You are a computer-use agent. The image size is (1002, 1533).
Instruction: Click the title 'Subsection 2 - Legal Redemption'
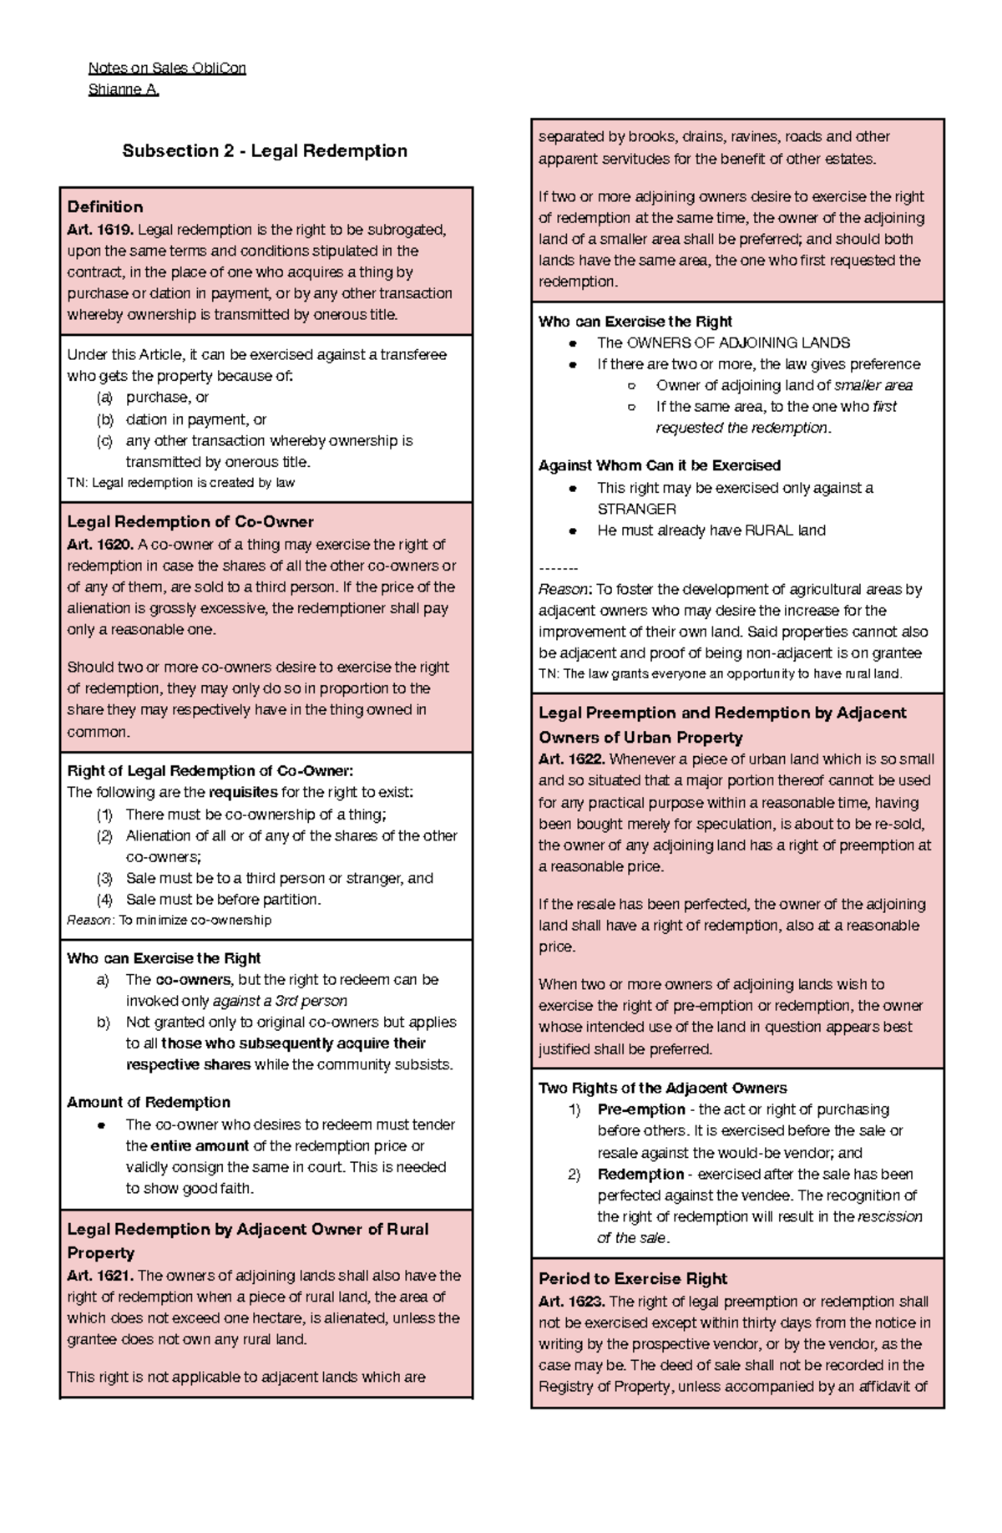pyautogui.click(x=265, y=151)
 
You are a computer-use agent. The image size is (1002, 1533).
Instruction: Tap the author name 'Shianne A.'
pyautogui.click(x=124, y=89)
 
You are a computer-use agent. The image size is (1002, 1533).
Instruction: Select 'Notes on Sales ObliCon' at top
pyautogui.click(x=167, y=68)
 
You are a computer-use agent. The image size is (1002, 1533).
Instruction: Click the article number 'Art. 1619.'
pyautogui.click(x=100, y=230)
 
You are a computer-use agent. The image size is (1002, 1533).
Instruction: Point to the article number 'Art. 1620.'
pyautogui.click(x=100, y=545)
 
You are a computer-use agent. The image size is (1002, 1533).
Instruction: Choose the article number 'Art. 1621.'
pyautogui.click(x=100, y=1276)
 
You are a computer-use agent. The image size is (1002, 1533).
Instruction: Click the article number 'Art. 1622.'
pyautogui.click(x=572, y=759)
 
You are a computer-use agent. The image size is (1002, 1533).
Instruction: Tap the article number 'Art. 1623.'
pyautogui.click(x=572, y=1302)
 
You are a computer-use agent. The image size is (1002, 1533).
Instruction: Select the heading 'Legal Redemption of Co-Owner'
pyautogui.click(x=190, y=522)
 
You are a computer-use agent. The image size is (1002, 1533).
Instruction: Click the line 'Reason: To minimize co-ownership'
pyautogui.click(x=169, y=920)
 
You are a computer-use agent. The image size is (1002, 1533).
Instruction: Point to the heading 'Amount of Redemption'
pyautogui.click(x=149, y=1103)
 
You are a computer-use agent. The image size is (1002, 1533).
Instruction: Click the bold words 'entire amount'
pyautogui.click(x=200, y=1146)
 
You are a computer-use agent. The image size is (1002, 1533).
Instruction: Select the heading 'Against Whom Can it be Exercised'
pyautogui.click(x=659, y=465)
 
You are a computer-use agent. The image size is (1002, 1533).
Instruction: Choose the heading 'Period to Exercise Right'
pyautogui.click(x=633, y=1279)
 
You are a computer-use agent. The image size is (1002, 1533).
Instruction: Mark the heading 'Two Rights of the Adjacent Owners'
pyautogui.click(x=662, y=1089)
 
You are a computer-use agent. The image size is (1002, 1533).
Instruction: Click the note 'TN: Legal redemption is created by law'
pyautogui.click(x=180, y=483)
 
